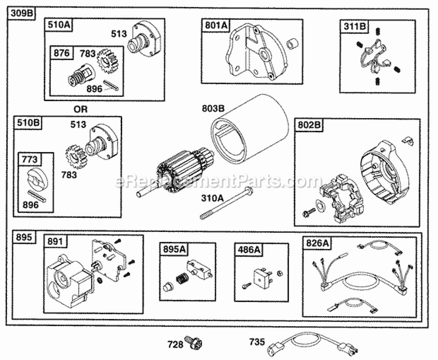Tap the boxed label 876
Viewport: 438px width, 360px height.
(62, 53)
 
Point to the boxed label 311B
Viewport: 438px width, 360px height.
(352, 26)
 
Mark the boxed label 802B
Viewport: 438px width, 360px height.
(308, 125)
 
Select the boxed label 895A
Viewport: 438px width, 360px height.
(174, 249)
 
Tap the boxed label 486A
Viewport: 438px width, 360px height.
(248, 249)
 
